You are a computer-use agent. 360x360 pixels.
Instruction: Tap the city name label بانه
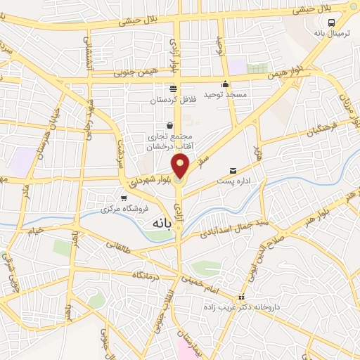tap(161, 221)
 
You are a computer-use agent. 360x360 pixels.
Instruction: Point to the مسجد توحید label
tap(223, 94)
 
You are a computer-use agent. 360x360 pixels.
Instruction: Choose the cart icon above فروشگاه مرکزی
tap(124, 198)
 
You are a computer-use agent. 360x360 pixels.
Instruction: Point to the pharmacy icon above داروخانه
tap(241, 296)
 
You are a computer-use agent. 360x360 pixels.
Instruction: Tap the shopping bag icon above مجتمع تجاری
tap(169, 125)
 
